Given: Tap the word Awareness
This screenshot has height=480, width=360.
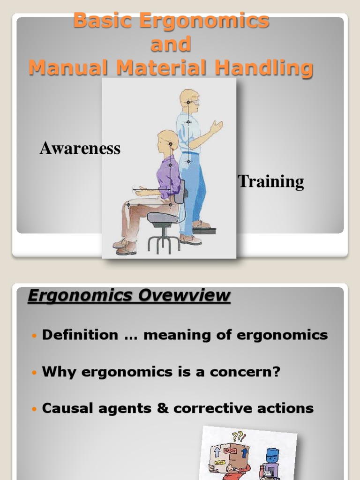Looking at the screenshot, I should click(80, 149).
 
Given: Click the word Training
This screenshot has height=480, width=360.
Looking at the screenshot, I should click(271, 181).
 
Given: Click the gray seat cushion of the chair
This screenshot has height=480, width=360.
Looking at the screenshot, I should click(163, 217).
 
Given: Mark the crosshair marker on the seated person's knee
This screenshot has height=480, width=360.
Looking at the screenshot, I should click(128, 205).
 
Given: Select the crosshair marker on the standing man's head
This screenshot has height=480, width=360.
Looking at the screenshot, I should click(188, 102).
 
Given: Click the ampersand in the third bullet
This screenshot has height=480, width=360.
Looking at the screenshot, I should click(163, 408).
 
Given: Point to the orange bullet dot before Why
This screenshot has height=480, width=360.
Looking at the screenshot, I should click(33, 373).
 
